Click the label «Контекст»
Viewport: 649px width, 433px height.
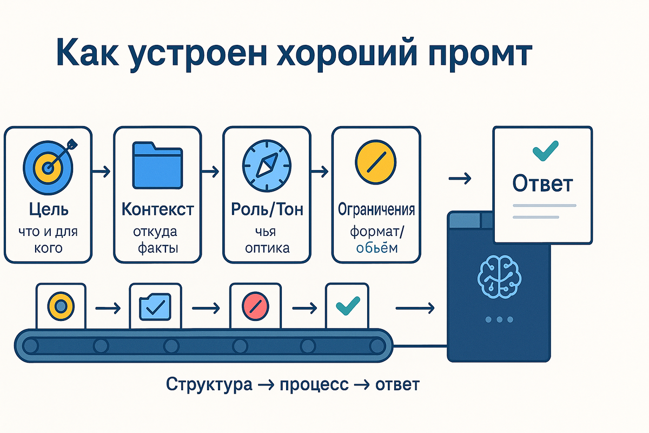[158, 209]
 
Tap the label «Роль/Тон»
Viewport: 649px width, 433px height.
[267, 209]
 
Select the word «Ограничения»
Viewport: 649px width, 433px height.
[376, 209]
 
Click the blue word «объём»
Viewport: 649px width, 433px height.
[376, 248]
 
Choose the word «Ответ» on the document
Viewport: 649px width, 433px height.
[542, 185]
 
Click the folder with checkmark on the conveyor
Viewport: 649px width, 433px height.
[155, 307]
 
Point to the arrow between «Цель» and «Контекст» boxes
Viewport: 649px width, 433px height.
[102, 172]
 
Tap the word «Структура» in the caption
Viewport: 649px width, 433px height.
[209, 385]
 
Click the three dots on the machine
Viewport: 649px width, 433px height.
[498, 320]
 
